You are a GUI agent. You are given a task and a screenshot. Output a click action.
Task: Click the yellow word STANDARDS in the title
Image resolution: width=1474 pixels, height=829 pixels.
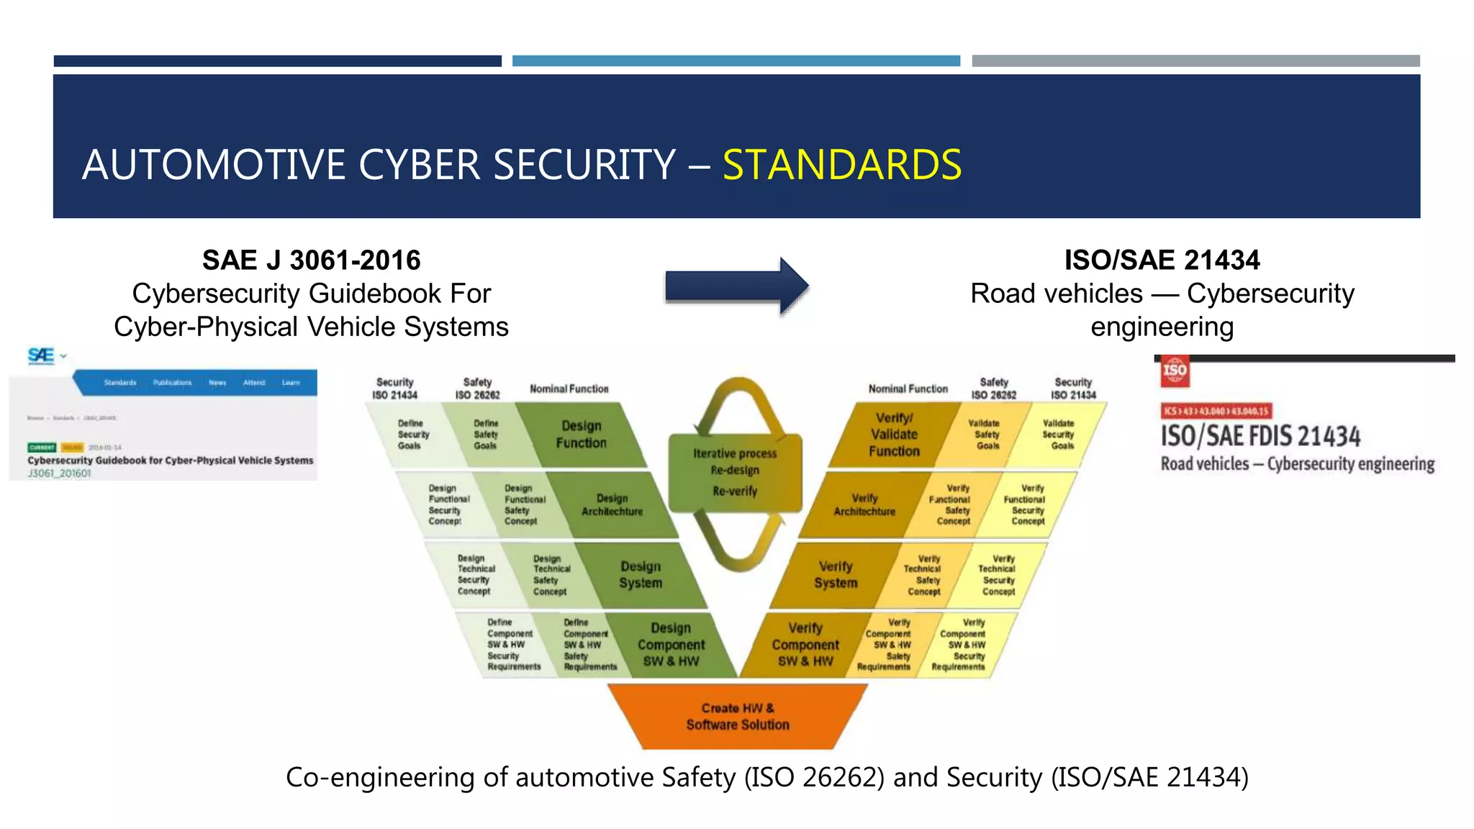841,165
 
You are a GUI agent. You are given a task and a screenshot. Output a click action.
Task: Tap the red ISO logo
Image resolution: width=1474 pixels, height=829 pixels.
1174,371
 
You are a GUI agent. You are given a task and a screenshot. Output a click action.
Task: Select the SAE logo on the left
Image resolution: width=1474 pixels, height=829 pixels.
42,355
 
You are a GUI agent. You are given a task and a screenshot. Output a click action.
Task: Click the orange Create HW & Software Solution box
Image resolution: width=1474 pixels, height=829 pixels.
738,716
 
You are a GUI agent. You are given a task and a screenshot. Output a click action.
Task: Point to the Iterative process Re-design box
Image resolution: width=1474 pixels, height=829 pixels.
735,472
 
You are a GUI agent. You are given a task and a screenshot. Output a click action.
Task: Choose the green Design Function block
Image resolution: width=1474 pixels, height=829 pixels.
581,435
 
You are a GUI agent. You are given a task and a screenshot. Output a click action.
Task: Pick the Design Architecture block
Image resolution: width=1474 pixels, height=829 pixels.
612,504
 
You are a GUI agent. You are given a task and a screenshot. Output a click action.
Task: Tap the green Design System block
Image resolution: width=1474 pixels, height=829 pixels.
641,574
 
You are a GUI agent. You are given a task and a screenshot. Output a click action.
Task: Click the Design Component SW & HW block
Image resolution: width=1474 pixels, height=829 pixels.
671,645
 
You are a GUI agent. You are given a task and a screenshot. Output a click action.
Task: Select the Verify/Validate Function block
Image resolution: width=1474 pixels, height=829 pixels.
894,435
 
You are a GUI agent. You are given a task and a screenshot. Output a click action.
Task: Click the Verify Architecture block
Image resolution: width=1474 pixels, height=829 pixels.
864,504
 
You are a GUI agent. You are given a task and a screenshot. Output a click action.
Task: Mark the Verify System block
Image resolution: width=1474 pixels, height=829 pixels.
836,574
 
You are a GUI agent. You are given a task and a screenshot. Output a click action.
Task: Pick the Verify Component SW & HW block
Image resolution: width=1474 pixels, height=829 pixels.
805,645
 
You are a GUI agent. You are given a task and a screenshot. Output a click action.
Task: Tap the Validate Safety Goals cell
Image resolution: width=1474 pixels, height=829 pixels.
987,435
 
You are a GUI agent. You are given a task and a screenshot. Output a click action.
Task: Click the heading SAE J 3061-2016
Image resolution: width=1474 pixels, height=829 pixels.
311,260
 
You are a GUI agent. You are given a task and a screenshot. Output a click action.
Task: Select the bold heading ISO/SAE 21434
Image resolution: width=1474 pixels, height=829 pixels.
1162,260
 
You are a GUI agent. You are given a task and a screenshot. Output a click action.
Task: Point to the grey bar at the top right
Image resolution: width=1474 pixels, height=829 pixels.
1195,61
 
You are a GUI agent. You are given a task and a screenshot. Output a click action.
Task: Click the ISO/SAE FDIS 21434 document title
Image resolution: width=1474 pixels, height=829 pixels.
1260,436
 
